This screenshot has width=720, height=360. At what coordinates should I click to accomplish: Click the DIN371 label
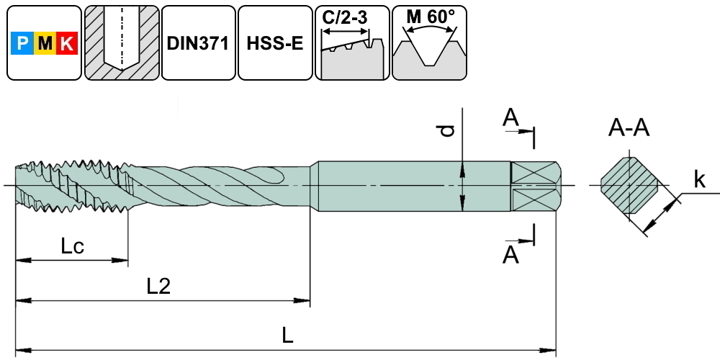tap(197, 43)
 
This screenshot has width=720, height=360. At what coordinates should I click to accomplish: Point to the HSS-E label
tap(274, 43)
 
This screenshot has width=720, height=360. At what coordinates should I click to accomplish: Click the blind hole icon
tap(121, 43)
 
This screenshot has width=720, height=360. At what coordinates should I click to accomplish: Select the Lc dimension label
tap(72, 247)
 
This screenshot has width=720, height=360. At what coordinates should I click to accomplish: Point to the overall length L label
tap(287, 336)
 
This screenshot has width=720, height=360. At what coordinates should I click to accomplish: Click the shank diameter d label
tap(447, 130)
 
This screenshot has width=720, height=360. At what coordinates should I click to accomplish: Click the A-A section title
tap(629, 128)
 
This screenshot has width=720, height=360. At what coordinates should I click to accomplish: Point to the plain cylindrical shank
tap(410, 186)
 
